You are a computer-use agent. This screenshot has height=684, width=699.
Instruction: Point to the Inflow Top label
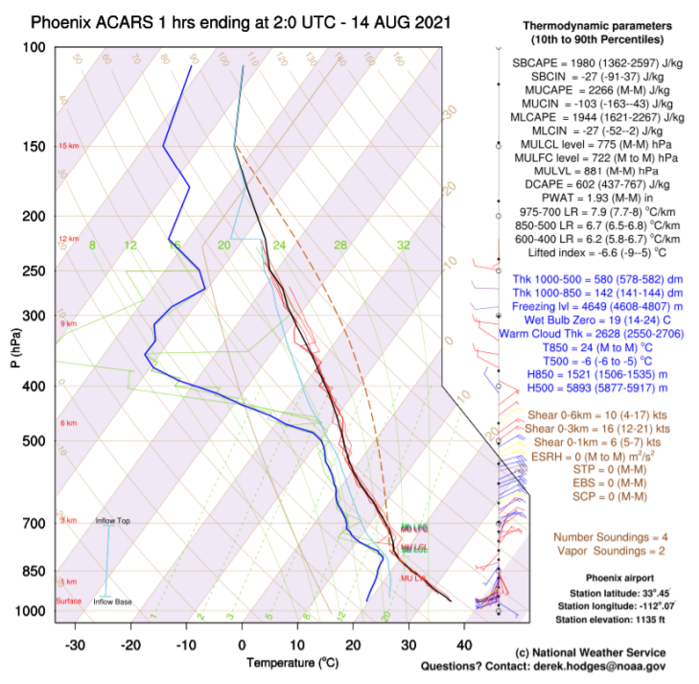[x=111, y=521]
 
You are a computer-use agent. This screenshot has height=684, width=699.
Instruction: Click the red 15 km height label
[x=68, y=147]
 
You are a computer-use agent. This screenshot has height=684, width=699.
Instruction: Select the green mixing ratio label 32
[x=403, y=246]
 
